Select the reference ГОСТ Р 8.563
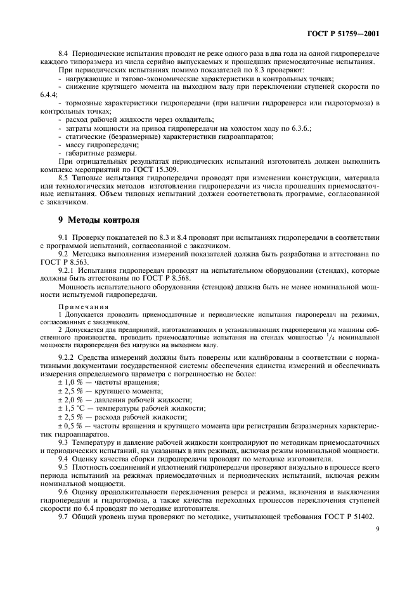click(65, 261)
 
